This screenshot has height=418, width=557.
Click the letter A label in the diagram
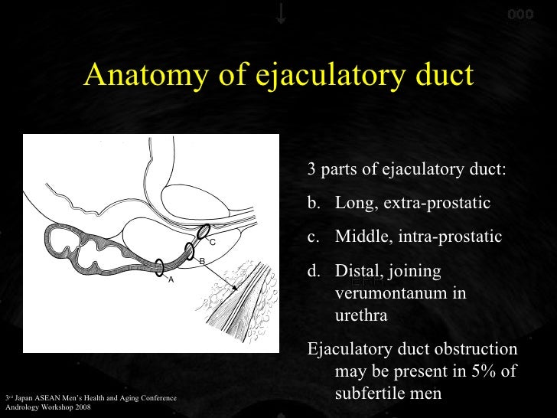click(x=171, y=279)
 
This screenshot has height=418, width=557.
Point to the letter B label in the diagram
click(x=201, y=262)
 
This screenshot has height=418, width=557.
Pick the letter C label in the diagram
click(x=213, y=242)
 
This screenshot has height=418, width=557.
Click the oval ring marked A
click(x=159, y=267)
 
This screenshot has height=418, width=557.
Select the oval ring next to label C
click(x=203, y=231)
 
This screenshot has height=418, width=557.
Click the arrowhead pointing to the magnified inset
click(x=235, y=288)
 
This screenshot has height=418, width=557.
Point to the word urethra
click(x=361, y=315)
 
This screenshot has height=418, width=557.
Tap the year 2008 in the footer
click(x=83, y=407)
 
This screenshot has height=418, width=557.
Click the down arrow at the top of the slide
click(x=281, y=13)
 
